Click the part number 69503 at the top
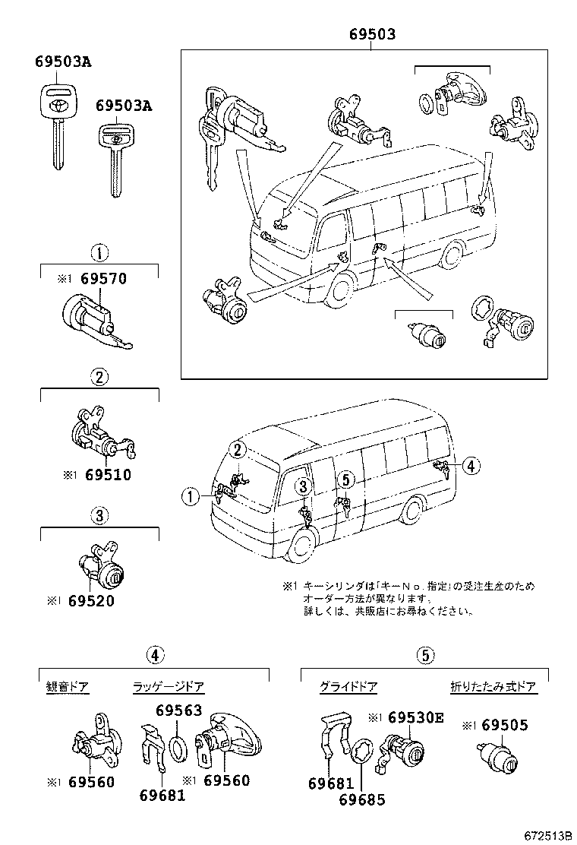coord(372,35)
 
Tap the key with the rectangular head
coord(114,157)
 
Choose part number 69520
coord(91,600)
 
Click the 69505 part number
coord(505,726)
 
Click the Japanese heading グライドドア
coord(348,687)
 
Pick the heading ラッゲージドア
coord(169,687)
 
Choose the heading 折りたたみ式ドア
coord(493,687)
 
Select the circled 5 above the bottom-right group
coord(424,655)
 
